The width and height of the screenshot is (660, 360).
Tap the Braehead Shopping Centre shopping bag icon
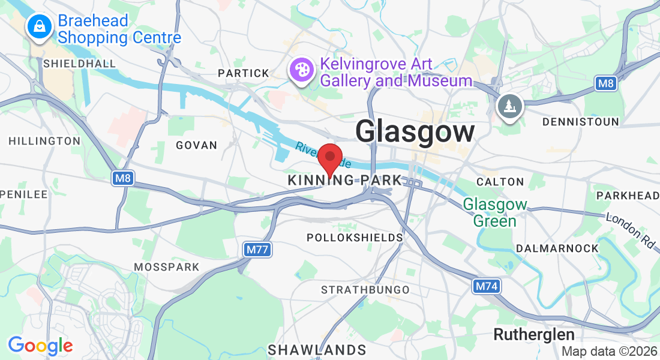pyautogui.click(x=39, y=26)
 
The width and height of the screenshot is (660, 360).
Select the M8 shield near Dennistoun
pyautogui.click(x=607, y=83)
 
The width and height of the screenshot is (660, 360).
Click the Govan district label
pyautogui.click(x=196, y=145)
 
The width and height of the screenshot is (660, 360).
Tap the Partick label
pyautogui.click(x=244, y=73)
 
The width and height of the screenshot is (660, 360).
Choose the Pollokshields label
pyautogui.click(x=355, y=238)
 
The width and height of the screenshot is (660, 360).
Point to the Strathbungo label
pyautogui.click(x=365, y=290)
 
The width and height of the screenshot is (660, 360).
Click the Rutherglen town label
pyautogui.click(x=534, y=334)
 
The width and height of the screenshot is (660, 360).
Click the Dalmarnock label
pyautogui.click(x=557, y=248)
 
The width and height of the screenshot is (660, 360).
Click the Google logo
pyautogui.click(x=40, y=345)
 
